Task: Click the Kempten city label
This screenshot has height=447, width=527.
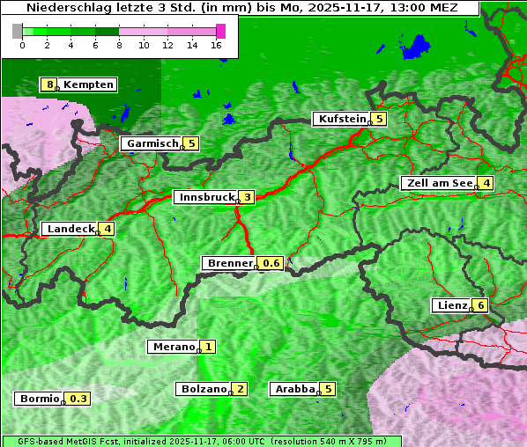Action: [x=88, y=84]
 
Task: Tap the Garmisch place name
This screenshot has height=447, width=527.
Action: [x=151, y=143]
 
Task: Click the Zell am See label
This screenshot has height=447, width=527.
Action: [x=438, y=183]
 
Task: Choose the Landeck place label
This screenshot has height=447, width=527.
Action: [x=71, y=229]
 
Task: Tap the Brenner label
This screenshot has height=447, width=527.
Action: [x=229, y=263]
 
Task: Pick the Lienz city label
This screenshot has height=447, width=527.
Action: [x=450, y=305]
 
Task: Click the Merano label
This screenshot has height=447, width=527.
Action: [x=172, y=347]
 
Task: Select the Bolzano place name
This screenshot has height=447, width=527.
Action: [x=203, y=389]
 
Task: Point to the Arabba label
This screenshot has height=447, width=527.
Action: [x=294, y=389]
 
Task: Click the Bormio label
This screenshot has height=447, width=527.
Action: [x=39, y=399]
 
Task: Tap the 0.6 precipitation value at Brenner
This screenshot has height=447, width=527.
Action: [x=272, y=263]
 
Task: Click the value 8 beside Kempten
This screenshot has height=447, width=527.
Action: [x=50, y=84]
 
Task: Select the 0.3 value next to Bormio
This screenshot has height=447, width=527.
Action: [x=79, y=399]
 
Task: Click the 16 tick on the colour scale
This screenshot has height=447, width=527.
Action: [x=216, y=45]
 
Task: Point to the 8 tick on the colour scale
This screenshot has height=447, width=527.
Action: [x=119, y=45]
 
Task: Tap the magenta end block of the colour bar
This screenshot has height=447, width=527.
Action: [x=220, y=31]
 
